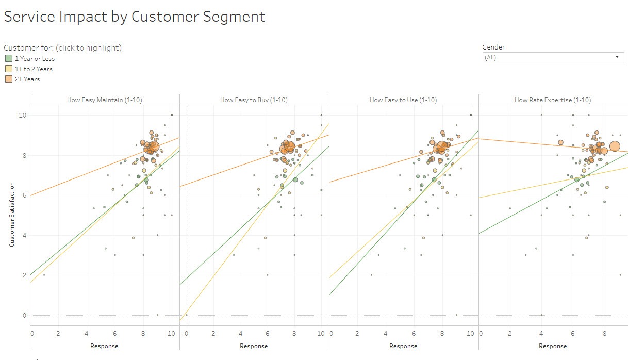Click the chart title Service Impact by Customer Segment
tap(135, 17)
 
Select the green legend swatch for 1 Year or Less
tap(9, 59)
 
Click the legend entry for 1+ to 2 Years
tap(34, 69)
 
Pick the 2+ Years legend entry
tap(27, 79)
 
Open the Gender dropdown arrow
tap(617, 57)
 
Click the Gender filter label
tap(494, 47)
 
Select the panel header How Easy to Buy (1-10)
tap(254, 100)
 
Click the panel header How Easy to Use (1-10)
tap(403, 100)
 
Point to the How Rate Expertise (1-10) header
tap(553, 100)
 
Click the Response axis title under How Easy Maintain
tap(104, 346)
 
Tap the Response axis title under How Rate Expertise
tap(553, 346)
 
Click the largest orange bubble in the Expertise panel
tap(615, 146)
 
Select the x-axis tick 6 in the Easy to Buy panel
tap(267, 334)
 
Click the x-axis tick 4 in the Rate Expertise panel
tap(541, 334)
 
